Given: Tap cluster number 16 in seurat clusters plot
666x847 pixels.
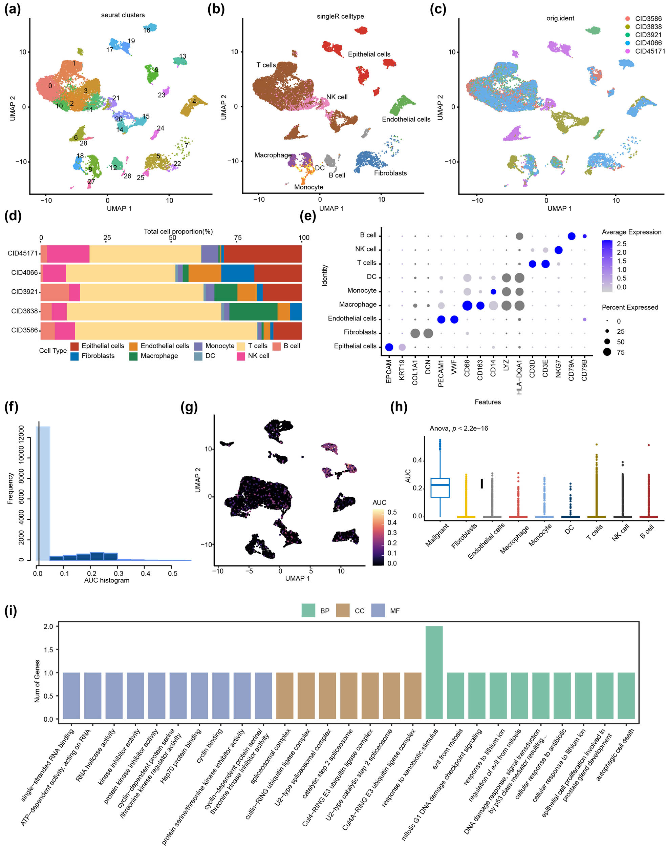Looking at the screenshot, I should pyautogui.click(x=147, y=30).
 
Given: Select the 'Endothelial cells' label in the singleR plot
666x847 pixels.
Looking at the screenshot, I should pyautogui.click(x=406, y=119).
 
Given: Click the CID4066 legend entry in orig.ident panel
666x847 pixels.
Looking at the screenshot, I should pyautogui.click(x=648, y=43).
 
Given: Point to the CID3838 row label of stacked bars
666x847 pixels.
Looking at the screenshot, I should pyautogui.click(x=24, y=311).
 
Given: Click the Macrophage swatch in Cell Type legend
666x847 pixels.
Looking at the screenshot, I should pyautogui.click(x=133, y=356).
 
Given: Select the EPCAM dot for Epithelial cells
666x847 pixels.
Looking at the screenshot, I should pyautogui.click(x=389, y=347).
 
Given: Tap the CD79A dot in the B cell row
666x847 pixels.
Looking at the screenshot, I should pyautogui.click(x=572, y=236).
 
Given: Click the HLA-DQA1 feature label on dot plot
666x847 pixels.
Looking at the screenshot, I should pyautogui.click(x=519, y=376).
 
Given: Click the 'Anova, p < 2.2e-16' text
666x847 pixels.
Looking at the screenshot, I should pyautogui.click(x=458, y=428).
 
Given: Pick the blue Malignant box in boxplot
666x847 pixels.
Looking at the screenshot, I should pyautogui.click(x=440, y=488).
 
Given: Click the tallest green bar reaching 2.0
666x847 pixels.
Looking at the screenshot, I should pyautogui.click(x=434, y=672).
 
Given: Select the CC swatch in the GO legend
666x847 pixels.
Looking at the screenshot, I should pyautogui.click(x=343, y=611).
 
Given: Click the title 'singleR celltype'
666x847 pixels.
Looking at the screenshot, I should pyautogui.click(x=340, y=16).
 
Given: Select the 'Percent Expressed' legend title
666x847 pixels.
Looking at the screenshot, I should pyautogui.click(x=630, y=307).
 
